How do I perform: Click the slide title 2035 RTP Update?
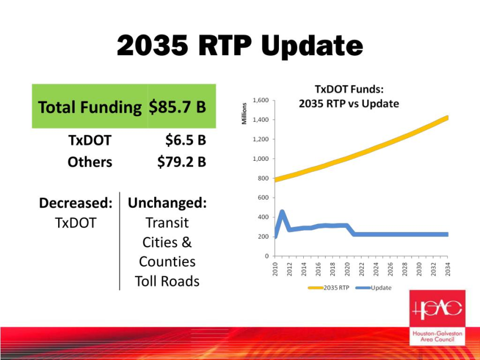point(240,46)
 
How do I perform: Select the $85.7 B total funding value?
point(177,107)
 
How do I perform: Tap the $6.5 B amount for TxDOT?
point(186,140)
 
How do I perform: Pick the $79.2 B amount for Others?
point(182,162)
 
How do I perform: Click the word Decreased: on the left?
point(76,203)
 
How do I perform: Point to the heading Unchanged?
point(167,203)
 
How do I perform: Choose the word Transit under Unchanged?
point(167,223)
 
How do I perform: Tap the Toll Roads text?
point(167,282)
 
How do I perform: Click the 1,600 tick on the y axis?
point(260,100)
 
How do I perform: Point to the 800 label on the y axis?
point(263,178)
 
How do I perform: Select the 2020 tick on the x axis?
point(347,269)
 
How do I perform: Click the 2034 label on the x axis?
point(448,269)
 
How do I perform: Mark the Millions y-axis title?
point(244,113)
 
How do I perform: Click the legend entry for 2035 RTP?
point(329,288)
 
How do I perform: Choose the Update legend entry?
point(373,288)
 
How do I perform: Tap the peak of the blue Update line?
point(282,212)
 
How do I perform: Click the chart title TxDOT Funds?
point(349,89)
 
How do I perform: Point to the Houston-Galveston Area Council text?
point(438,336)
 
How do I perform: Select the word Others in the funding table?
point(90,162)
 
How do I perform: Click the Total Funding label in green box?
point(90,107)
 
